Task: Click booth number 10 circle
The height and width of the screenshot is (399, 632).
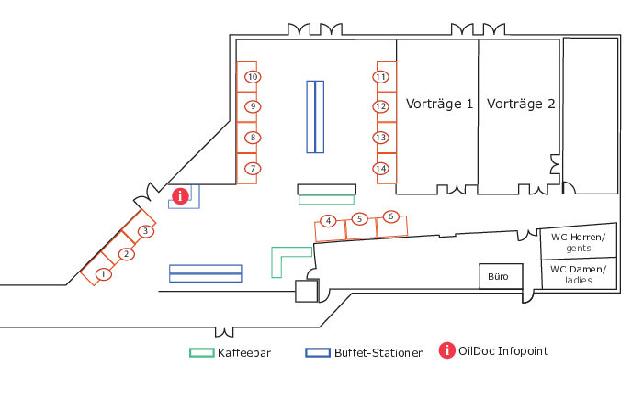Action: pyautogui.click(x=253, y=77)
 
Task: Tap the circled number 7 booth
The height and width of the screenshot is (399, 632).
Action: pyautogui.click(x=253, y=168)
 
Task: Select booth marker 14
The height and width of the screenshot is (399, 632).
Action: pyautogui.click(x=381, y=168)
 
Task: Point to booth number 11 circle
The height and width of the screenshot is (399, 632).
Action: pyautogui.click(x=381, y=76)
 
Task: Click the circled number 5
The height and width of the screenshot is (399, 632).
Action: pyautogui.click(x=359, y=219)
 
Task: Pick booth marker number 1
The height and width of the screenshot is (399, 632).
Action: pyautogui.click(x=104, y=274)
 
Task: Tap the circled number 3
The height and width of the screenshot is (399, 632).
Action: pyautogui.click(x=145, y=231)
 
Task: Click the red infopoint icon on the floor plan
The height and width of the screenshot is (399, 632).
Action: pyautogui.click(x=181, y=196)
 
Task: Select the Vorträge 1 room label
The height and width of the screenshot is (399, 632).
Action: pyautogui.click(x=439, y=104)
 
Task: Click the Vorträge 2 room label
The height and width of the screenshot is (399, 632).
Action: pyautogui.click(x=521, y=104)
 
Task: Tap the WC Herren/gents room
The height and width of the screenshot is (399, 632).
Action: pyautogui.click(x=579, y=241)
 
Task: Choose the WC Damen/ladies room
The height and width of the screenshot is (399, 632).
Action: pyautogui.click(x=579, y=273)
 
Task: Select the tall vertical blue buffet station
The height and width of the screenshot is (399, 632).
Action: pyautogui.click(x=315, y=116)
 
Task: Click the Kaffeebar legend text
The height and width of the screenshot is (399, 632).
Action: pyautogui.click(x=244, y=353)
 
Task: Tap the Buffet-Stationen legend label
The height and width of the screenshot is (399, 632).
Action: pyautogui.click(x=379, y=353)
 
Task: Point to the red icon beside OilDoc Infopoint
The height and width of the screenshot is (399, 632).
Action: pyautogui.click(x=447, y=350)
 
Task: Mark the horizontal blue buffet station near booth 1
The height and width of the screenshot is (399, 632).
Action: pyautogui.click(x=206, y=273)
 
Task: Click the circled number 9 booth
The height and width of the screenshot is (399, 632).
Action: pyautogui.click(x=253, y=106)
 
